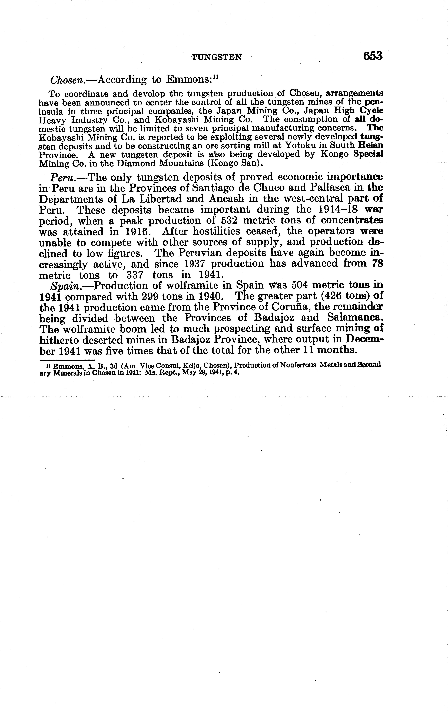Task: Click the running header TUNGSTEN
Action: click(217, 57)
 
